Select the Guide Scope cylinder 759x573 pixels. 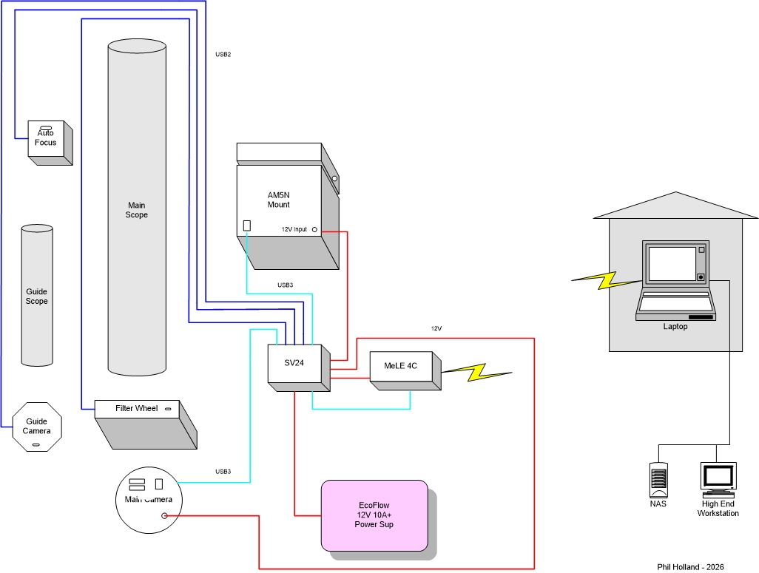coord(37,295)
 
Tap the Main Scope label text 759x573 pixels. coord(137,210)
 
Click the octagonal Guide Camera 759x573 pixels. coord(37,427)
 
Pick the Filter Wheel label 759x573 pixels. coord(137,408)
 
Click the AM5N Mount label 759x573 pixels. coord(279,200)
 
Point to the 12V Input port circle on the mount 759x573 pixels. coord(314,229)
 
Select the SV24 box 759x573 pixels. coord(299,367)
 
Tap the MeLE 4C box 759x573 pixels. coord(405,370)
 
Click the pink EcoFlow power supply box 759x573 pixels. coord(374,515)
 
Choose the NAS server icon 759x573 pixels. coord(658,480)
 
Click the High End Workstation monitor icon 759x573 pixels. coord(718,480)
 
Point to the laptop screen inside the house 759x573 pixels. coord(672,264)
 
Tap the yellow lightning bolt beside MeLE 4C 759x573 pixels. coord(477,372)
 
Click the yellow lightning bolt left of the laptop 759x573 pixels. coord(607,280)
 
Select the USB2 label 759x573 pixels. coord(223,55)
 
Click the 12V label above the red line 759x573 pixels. coord(436,328)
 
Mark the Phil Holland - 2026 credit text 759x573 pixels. coord(690,566)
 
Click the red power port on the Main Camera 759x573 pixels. coord(164,516)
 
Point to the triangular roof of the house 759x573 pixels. coord(675,206)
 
